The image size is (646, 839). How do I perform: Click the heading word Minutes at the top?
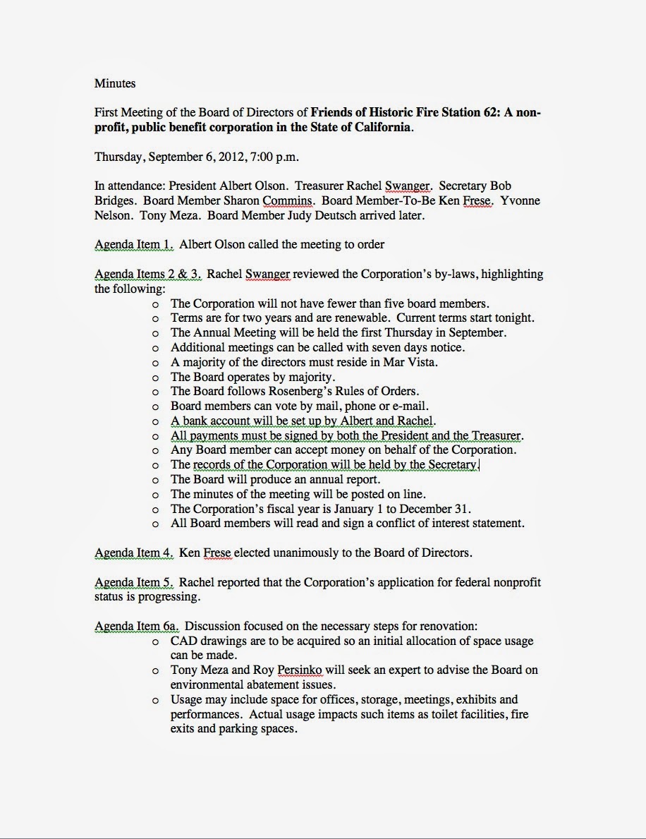point(115,83)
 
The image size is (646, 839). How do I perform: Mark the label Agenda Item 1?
point(134,245)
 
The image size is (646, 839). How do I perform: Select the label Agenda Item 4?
point(134,553)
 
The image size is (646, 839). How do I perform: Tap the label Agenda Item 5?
point(134,583)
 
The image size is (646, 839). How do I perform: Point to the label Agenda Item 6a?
point(138,626)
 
